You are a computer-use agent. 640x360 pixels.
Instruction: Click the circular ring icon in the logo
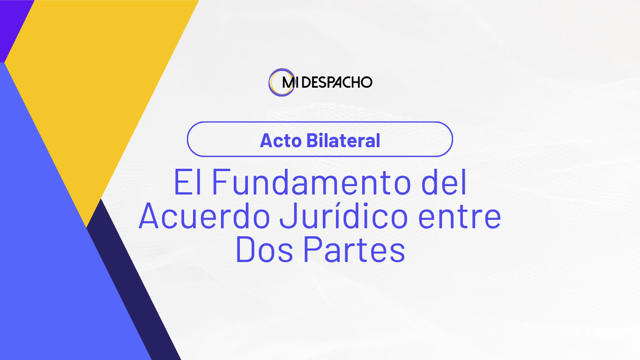pos(270,82)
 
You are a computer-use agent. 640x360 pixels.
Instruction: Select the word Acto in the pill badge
pos(281,141)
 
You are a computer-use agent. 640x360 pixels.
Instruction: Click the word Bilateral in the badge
pos(343,141)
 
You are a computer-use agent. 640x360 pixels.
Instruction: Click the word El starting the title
pos(187,182)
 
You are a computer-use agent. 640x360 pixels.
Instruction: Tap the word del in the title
pos(444,182)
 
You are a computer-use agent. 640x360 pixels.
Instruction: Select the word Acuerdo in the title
pos(205,216)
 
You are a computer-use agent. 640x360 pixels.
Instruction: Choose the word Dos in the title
pos(264,250)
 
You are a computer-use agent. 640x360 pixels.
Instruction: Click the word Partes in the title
pos(354,250)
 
